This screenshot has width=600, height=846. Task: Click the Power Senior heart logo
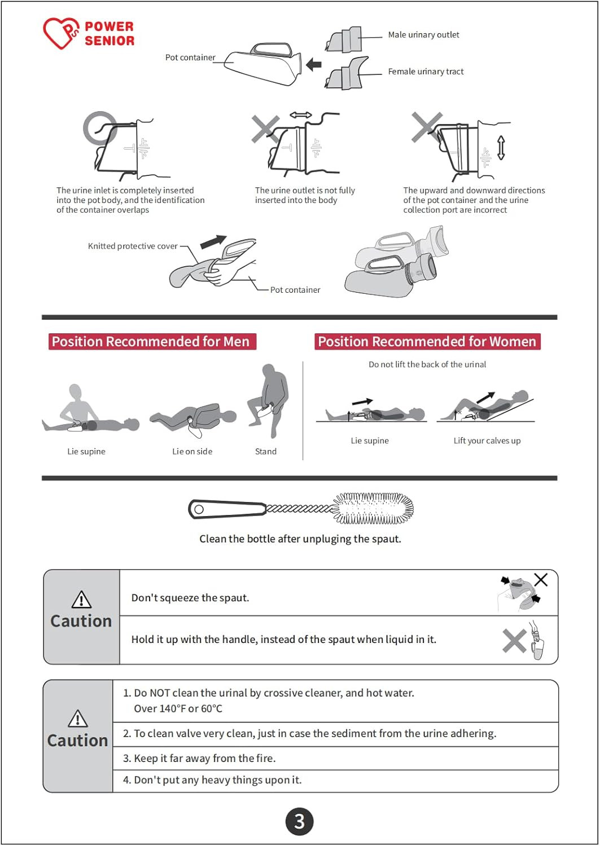coord(61,33)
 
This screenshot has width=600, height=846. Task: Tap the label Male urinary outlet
coord(423,35)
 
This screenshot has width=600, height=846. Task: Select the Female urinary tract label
coord(426,72)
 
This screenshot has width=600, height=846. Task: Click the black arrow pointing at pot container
coord(313,64)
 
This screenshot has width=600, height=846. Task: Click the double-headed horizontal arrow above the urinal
coord(301,115)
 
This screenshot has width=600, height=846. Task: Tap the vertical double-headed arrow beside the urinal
coord(501,148)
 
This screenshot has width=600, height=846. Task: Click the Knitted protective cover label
coord(133,246)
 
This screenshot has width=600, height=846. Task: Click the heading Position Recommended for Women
coord(427,341)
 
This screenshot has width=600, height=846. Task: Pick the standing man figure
coord(268,400)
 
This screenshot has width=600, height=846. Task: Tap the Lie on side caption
coord(192,451)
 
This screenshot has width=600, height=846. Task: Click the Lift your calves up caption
coord(487,440)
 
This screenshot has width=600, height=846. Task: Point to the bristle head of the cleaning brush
coord(373,508)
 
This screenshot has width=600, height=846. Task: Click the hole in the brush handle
coord(199,509)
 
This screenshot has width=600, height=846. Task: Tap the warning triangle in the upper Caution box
coord(81,600)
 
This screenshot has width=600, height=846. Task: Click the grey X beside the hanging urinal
coord(514,641)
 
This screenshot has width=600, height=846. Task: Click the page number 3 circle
coord(299,821)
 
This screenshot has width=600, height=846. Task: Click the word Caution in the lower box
coord(78,741)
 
